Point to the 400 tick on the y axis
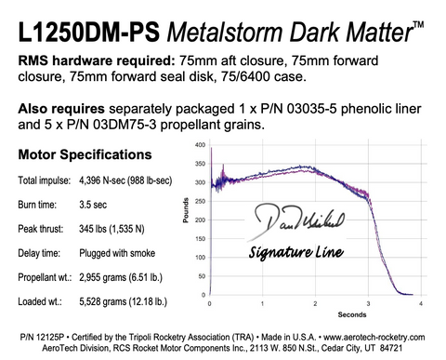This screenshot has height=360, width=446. [201, 146]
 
